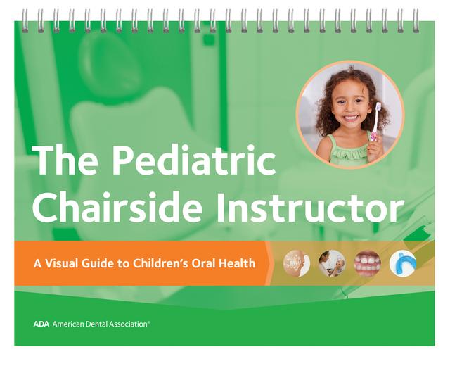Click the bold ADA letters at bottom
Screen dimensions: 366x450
pyautogui.click(x=40, y=324)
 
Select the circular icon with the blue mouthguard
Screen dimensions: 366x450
pyautogui.click(x=403, y=263)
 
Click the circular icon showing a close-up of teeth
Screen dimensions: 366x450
pyautogui.click(x=367, y=263)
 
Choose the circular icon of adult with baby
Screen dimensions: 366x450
pyautogui.click(x=332, y=263)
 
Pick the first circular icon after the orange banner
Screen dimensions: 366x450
pyautogui.click(x=296, y=263)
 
